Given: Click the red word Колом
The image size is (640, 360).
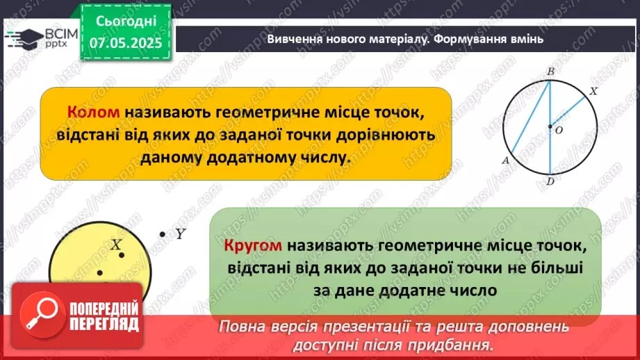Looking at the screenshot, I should click(94, 113).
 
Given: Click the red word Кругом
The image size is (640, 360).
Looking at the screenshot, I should click(253, 246).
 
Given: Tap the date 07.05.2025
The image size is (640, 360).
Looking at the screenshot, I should click(124, 42).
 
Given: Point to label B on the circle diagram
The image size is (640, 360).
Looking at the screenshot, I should click(550, 72).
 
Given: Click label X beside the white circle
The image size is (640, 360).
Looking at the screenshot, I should click(593, 91).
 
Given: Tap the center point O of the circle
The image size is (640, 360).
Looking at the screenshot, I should click(550, 126).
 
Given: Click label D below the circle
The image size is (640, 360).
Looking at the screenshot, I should click(550, 182).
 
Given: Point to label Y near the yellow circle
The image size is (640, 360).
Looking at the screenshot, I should click(179, 235).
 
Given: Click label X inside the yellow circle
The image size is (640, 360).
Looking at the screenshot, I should click(116, 245).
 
